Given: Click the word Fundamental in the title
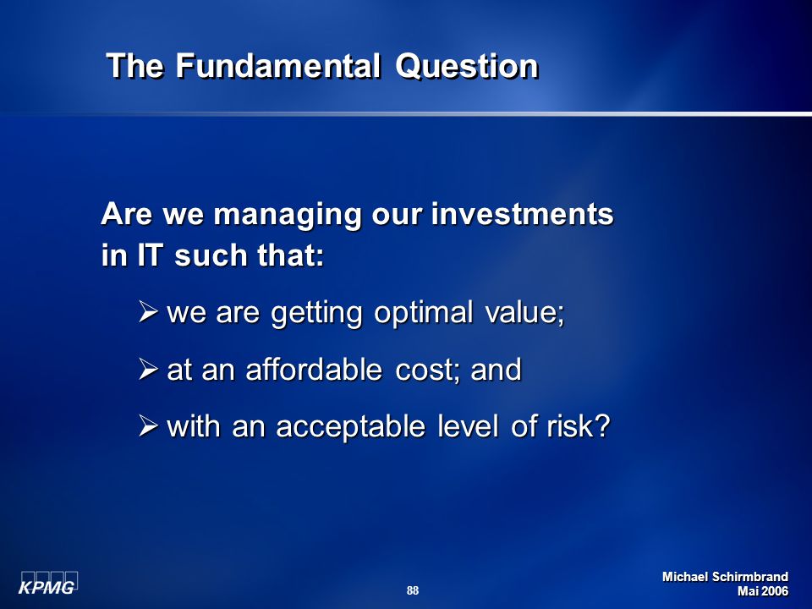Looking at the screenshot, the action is click(277, 66).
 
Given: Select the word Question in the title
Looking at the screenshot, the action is click(467, 66).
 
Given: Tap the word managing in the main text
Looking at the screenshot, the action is click(287, 215).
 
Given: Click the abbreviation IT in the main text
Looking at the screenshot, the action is click(151, 255).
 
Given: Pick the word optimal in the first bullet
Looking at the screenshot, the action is click(423, 313).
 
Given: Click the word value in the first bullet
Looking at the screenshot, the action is click(522, 313).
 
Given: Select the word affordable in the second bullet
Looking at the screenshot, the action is click(314, 370).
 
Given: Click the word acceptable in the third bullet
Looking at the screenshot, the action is click(350, 427).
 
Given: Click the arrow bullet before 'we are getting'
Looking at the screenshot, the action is click(148, 312).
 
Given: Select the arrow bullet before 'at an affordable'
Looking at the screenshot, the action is click(148, 370).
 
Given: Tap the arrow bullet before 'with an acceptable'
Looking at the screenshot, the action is click(148, 426).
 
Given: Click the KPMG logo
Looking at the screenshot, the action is click(48, 583).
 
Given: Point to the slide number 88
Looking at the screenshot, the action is click(413, 590).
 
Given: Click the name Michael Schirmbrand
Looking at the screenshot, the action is click(725, 577).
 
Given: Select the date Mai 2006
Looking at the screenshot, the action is click(763, 591).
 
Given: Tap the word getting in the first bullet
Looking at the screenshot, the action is click(316, 313).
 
